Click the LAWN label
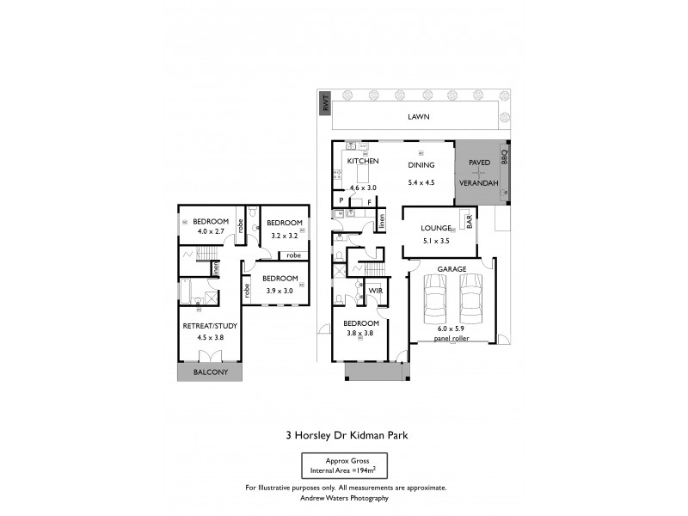[x=419, y=117]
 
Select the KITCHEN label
[x=363, y=162]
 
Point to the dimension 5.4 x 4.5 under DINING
[x=421, y=181]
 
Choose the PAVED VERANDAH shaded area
[x=479, y=173]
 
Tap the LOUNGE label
[x=436, y=228]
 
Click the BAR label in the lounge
[x=470, y=222]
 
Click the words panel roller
[x=452, y=338]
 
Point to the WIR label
[x=375, y=292]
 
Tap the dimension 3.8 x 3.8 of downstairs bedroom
[x=359, y=333]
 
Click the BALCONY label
[x=210, y=372]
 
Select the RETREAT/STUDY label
[x=210, y=326]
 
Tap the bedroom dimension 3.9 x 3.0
[x=279, y=290]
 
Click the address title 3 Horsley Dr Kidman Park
[x=346, y=435]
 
